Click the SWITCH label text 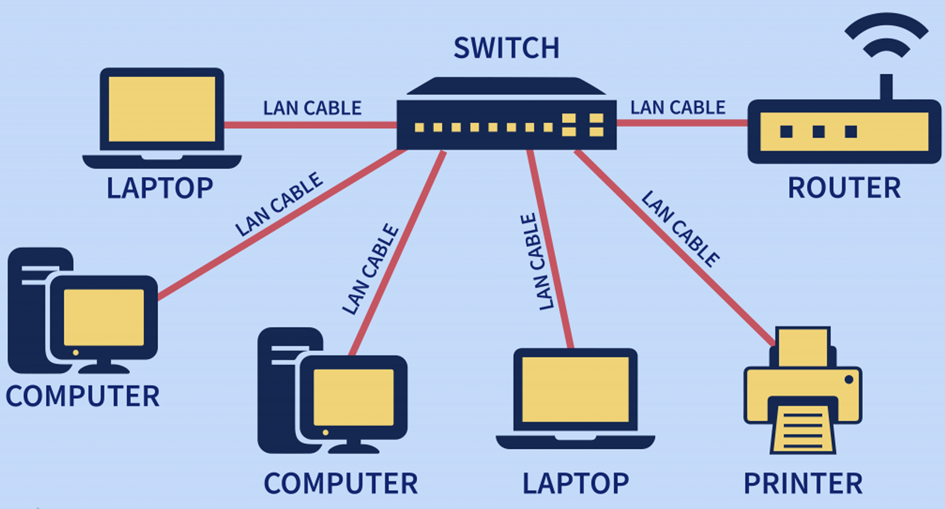[x=507, y=48]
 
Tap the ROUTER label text [x=844, y=188]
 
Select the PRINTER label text [x=803, y=484]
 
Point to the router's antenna [x=886, y=87]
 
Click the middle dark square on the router [x=819, y=132]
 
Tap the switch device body [x=507, y=125]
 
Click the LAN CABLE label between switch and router [x=678, y=107]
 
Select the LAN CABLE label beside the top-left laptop [x=312, y=108]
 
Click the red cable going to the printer [x=675, y=248]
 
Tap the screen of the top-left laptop [x=162, y=109]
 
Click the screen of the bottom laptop [x=575, y=389]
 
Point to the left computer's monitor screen [x=104, y=318]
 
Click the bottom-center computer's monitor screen [x=353, y=397]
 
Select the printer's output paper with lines [x=803, y=430]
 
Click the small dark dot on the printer [x=849, y=380]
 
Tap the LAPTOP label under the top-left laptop [x=160, y=188]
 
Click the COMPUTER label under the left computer [x=83, y=397]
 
